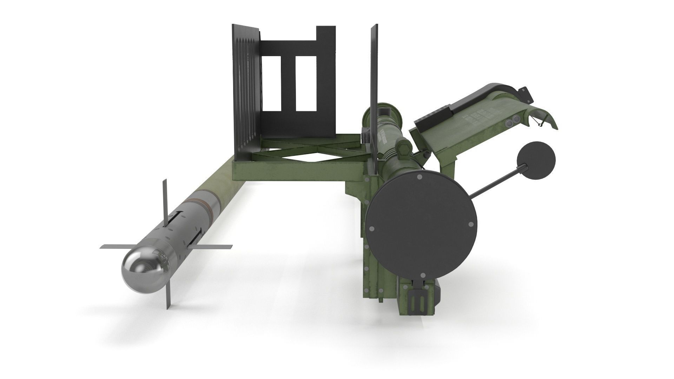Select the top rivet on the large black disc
point(420,178)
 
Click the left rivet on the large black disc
point(372,228)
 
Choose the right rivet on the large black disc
point(470,224)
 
